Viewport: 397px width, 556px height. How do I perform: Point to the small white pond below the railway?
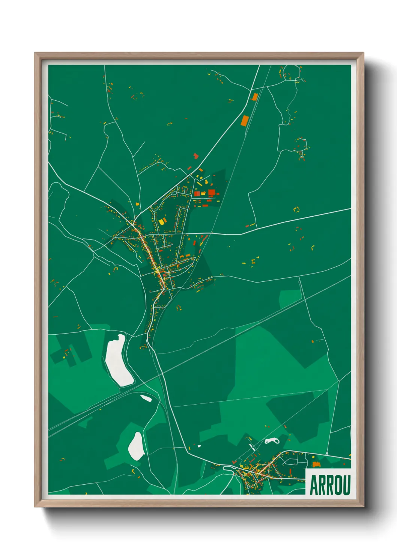point(146,398)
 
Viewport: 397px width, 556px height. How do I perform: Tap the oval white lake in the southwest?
point(136,446)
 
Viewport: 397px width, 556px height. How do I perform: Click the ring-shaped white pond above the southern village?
point(272,440)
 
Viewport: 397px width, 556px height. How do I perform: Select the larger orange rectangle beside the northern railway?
point(245,121)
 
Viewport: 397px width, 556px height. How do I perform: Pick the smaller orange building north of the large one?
point(254,97)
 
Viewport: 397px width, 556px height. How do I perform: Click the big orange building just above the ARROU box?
point(316,464)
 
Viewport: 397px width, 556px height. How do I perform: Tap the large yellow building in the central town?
point(162,221)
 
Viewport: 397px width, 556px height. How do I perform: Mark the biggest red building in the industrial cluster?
point(211,193)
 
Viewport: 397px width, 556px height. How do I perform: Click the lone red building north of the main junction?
point(195,155)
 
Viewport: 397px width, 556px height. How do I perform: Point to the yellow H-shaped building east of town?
point(254,260)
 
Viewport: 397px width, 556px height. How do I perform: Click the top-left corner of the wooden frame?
point(35,53)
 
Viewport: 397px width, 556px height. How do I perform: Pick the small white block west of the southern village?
point(199,446)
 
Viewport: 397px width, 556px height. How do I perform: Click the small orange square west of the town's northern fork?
point(137,204)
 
